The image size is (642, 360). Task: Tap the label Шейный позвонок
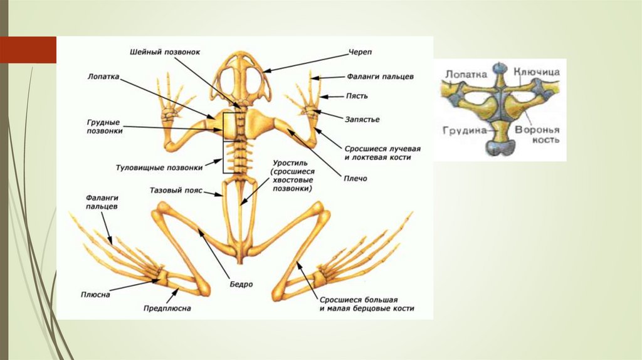[x=166, y=52]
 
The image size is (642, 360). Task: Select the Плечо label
[x=355, y=179]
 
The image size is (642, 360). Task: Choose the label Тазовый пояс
[x=176, y=189]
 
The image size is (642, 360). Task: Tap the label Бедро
[x=241, y=284]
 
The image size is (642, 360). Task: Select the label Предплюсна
[x=167, y=309]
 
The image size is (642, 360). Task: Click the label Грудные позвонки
[x=105, y=127]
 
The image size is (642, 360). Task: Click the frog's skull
[x=242, y=78]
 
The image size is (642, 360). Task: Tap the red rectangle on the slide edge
[x=28, y=50]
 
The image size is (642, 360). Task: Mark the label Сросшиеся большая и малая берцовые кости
[x=367, y=304]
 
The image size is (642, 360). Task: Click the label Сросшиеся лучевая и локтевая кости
[x=382, y=153]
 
